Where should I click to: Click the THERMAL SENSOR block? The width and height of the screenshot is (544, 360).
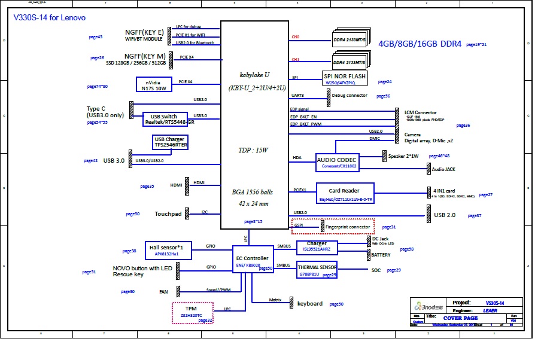[317, 270]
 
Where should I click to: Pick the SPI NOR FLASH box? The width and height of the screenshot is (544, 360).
[344, 79]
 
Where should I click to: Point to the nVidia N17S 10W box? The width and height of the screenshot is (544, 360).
[154, 84]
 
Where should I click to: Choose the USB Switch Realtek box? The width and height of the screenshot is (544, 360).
[165, 119]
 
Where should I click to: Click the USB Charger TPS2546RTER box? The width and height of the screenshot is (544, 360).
[171, 142]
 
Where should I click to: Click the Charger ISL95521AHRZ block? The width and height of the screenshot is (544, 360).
[317, 247]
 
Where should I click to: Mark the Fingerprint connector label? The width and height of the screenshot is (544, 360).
[348, 227]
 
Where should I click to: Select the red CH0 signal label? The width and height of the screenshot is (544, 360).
[295, 37]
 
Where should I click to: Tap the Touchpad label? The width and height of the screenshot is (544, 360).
[168, 214]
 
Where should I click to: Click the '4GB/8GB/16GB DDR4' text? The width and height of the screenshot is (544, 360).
[420, 44]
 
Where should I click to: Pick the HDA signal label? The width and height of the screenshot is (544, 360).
[297, 158]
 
